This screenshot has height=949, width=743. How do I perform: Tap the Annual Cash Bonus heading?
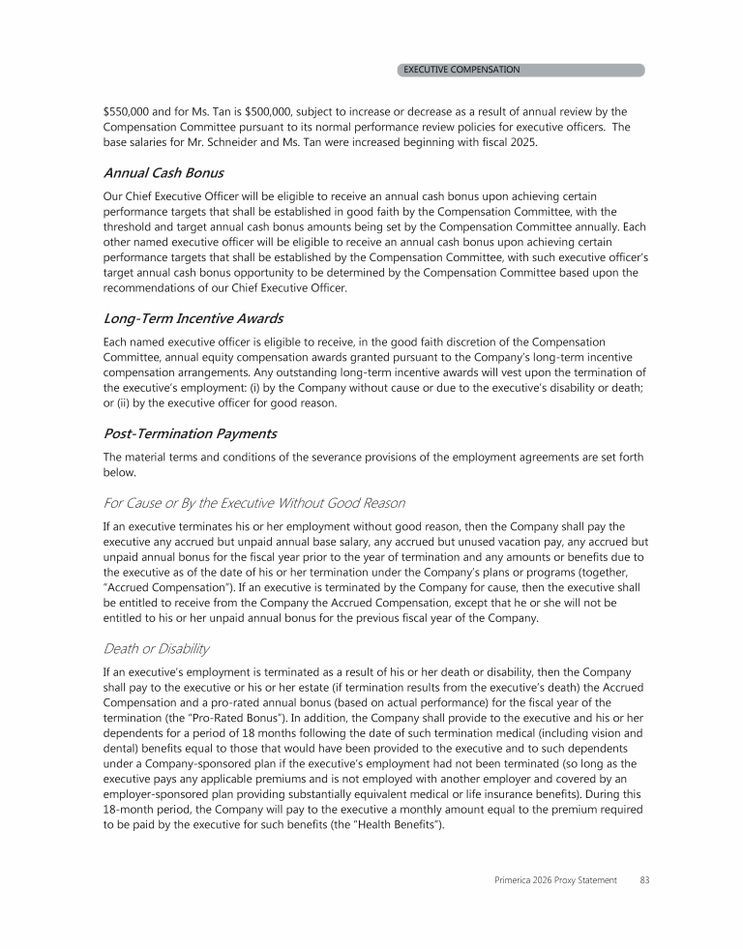coord(163,173)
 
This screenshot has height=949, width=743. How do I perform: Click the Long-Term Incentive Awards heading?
coord(193,318)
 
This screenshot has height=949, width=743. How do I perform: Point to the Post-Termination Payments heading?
coord(189,433)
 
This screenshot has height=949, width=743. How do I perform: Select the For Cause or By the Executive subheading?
coord(253,503)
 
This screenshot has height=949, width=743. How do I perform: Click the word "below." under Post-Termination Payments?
coord(120,472)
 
